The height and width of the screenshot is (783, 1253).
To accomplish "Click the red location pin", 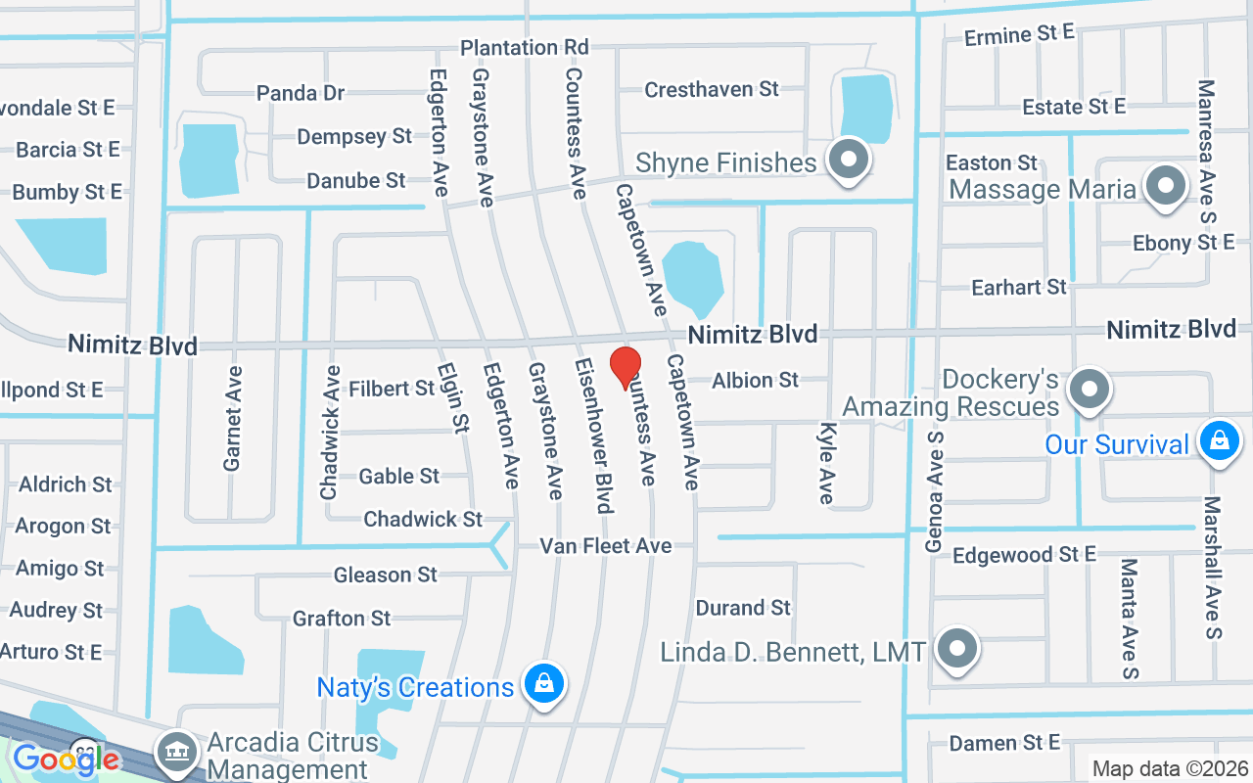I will [x=626, y=369].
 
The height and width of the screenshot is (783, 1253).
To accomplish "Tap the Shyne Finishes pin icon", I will [x=848, y=160].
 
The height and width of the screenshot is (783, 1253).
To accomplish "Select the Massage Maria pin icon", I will [x=1165, y=186].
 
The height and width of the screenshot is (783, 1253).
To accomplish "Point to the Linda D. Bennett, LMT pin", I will [x=956, y=648].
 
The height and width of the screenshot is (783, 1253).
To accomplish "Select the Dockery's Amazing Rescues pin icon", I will [x=1088, y=390].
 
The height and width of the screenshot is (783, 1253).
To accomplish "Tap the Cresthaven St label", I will [x=712, y=89].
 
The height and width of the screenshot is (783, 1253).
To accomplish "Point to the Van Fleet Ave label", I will [x=606, y=545].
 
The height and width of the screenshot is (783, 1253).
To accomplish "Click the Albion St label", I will [x=756, y=380].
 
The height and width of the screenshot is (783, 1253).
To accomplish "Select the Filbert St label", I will [x=392, y=389].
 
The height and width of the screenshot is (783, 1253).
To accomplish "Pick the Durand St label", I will [x=743, y=608].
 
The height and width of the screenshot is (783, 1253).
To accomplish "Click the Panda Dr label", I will [x=301, y=93].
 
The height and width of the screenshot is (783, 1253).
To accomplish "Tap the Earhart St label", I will [x=1018, y=287].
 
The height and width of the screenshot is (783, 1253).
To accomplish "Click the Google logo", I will [x=67, y=759].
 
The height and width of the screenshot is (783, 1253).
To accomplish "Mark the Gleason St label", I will [x=385, y=575].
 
